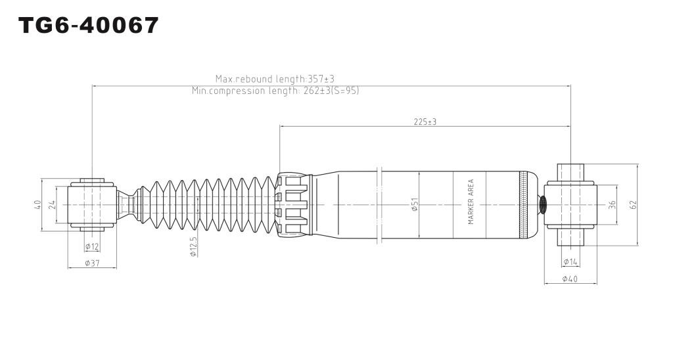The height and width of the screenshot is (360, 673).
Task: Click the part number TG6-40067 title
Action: (x=89, y=25)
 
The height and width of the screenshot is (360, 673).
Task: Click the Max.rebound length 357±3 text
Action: (x=275, y=79)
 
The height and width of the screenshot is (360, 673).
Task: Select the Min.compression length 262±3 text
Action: (x=275, y=91)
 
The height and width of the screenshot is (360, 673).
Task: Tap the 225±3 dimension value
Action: (x=425, y=122)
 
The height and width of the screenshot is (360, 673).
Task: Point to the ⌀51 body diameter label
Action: (x=415, y=204)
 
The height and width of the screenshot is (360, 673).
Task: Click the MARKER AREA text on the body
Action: (x=471, y=202)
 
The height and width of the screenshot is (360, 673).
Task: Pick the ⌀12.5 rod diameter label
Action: (x=193, y=247)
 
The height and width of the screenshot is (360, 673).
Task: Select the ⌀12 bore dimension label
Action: (x=92, y=246)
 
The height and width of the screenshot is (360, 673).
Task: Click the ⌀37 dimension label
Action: (x=92, y=263)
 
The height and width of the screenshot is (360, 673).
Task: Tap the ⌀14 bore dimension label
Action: (x=570, y=261)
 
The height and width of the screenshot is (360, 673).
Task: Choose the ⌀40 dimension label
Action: (x=570, y=279)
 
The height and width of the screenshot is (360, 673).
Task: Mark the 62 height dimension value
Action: (x=634, y=205)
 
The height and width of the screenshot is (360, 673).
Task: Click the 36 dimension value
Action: (x=613, y=205)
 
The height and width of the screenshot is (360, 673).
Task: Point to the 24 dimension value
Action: (x=53, y=204)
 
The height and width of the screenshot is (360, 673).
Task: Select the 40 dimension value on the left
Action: (x=37, y=205)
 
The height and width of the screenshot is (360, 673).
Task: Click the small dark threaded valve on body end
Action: (x=542, y=204)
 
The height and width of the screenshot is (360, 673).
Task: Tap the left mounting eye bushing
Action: (x=93, y=204)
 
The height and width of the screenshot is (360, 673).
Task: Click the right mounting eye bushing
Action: (x=571, y=205)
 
